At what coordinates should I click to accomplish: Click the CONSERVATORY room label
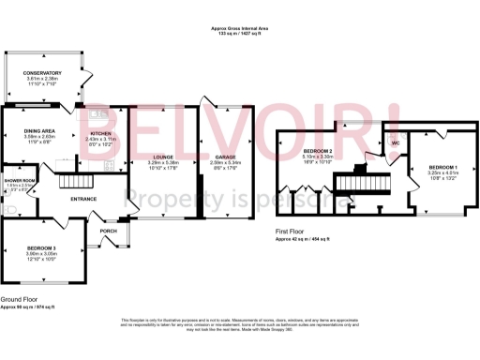(x=42, y=73)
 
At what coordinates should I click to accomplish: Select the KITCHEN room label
(x=100, y=134)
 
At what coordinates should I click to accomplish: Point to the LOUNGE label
(x=162, y=157)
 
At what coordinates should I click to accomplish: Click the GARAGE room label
(x=224, y=157)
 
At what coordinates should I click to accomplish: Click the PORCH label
(x=108, y=231)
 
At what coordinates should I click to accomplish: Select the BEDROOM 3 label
(x=41, y=247)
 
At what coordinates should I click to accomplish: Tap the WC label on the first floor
(x=396, y=143)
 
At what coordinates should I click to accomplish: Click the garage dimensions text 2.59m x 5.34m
(x=224, y=163)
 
